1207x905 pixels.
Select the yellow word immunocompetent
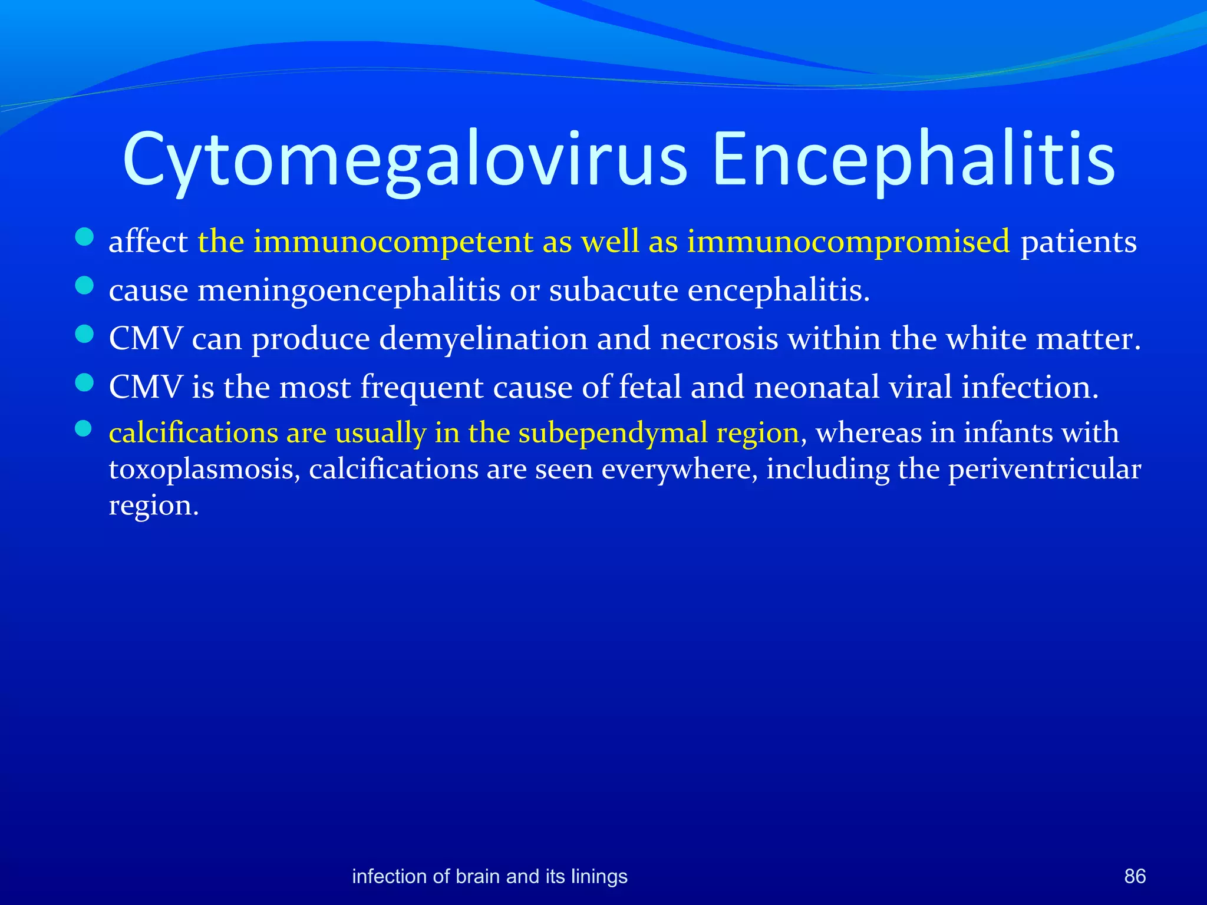click(x=393, y=242)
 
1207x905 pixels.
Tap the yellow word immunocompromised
click(x=848, y=242)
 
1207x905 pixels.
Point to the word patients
click(x=1078, y=242)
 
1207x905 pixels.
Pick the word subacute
click(x=614, y=290)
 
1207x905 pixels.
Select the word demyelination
click(x=483, y=339)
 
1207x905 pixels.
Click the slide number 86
click(x=1135, y=876)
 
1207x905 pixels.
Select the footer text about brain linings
click(x=489, y=876)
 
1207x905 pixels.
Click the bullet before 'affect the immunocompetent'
click(x=85, y=237)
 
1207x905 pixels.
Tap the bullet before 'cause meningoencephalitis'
click(x=85, y=286)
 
